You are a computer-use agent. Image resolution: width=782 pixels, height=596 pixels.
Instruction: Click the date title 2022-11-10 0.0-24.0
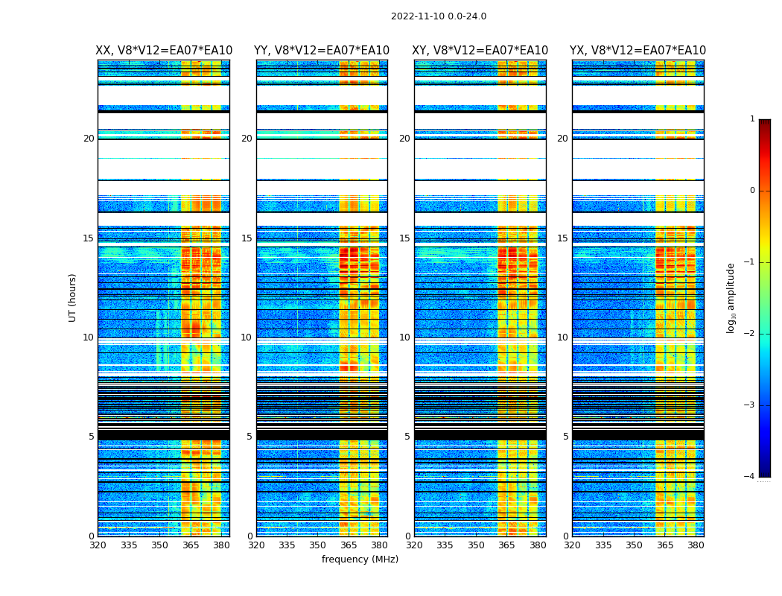439,16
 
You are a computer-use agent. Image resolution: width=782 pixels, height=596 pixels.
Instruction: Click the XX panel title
164,51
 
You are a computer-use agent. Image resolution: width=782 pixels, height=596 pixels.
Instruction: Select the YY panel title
322,51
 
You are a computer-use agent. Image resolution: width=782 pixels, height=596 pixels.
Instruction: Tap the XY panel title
480,51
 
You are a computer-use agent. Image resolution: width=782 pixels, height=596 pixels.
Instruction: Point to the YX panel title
638,51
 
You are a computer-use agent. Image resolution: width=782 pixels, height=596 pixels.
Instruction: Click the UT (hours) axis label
73,297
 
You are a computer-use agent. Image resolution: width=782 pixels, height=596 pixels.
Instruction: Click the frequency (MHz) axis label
360,559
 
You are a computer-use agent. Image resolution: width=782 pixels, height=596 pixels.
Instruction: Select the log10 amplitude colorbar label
731,297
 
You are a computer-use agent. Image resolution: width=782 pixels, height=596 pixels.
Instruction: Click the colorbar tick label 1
751,119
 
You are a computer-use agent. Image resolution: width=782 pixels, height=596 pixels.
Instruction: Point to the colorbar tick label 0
751,191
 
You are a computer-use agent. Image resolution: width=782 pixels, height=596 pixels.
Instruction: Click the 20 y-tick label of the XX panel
89,139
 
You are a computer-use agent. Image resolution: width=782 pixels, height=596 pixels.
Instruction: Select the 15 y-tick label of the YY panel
247,238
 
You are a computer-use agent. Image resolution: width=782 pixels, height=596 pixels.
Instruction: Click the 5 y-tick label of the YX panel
565,437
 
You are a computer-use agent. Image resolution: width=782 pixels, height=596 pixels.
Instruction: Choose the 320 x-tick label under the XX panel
98,545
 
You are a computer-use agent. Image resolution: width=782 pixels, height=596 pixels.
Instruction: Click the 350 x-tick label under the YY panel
318,545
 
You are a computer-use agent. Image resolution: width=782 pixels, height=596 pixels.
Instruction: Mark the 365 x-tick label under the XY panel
506,545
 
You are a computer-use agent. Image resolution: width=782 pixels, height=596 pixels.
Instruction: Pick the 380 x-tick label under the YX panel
696,545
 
